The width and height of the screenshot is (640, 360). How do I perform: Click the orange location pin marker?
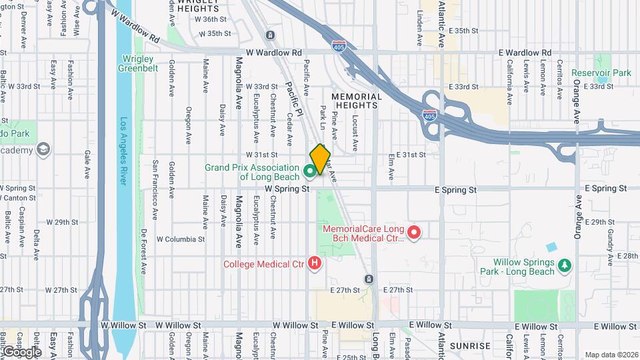tap(320, 159)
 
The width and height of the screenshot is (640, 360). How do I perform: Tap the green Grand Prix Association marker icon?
tap(310, 171)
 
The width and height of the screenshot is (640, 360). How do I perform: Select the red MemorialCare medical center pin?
tap(414, 232)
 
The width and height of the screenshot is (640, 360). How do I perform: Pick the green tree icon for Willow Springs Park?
tap(565, 266)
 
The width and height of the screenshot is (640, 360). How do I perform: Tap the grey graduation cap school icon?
tap(44, 149)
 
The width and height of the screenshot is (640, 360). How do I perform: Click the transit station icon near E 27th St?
tap(369, 278)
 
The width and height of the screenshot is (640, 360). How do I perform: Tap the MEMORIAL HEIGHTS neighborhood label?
tap(359, 101)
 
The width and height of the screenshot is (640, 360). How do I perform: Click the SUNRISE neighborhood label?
tap(470, 346)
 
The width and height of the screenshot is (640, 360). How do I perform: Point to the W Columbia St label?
tap(181, 239)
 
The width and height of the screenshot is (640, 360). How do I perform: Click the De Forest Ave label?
tap(143, 251)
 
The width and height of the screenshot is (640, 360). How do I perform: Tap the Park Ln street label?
tap(323, 117)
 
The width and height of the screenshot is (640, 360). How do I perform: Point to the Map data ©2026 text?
tap(611, 355)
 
